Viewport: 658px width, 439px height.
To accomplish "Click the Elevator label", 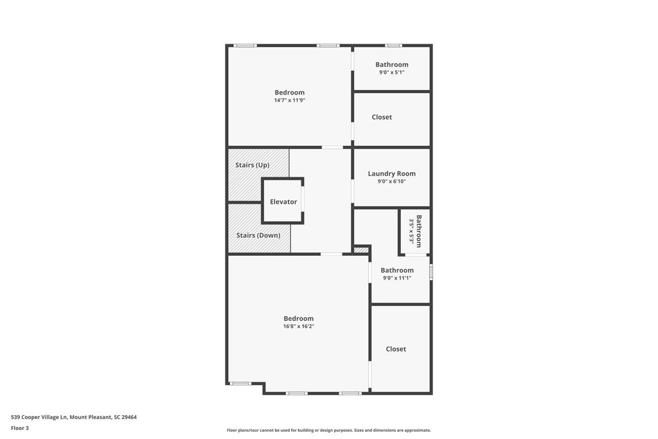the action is [x=283, y=202].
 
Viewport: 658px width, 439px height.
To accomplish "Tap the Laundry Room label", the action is [x=391, y=174].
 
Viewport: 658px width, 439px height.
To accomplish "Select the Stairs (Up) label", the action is [x=252, y=165].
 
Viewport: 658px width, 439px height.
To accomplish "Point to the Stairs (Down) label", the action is [x=258, y=235].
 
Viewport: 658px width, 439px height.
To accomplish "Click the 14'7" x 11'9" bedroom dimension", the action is [x=290, y=100].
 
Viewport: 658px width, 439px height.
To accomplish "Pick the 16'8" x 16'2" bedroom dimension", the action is [x=299, y=326].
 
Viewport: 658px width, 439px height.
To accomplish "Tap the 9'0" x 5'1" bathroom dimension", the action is [x=391, y=72].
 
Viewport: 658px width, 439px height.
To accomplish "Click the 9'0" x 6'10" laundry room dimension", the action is [x=391, y=181].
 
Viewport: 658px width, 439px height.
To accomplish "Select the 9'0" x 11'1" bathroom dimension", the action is [x=397, y=278].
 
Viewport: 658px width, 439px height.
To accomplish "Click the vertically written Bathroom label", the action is [x=419, y=231].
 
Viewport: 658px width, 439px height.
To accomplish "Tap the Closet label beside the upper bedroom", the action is [x=382, y=117].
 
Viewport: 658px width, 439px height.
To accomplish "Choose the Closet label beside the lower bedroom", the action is [x=396, y=349].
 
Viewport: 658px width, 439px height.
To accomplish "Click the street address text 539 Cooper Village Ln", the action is [x=39, y=417].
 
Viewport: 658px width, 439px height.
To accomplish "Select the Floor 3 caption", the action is [x=20, y=428].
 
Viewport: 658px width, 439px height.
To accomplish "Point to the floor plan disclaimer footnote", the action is [x=329, y=430].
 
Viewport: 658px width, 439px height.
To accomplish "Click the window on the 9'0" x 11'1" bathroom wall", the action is [x=431, y=271].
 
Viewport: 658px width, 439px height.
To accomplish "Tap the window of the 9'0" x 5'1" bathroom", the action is [x=393, y=46].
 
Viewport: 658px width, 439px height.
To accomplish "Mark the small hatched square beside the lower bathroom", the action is [x=361, y=250].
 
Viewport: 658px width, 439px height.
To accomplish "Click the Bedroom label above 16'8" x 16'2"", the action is [x=298, y=319].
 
